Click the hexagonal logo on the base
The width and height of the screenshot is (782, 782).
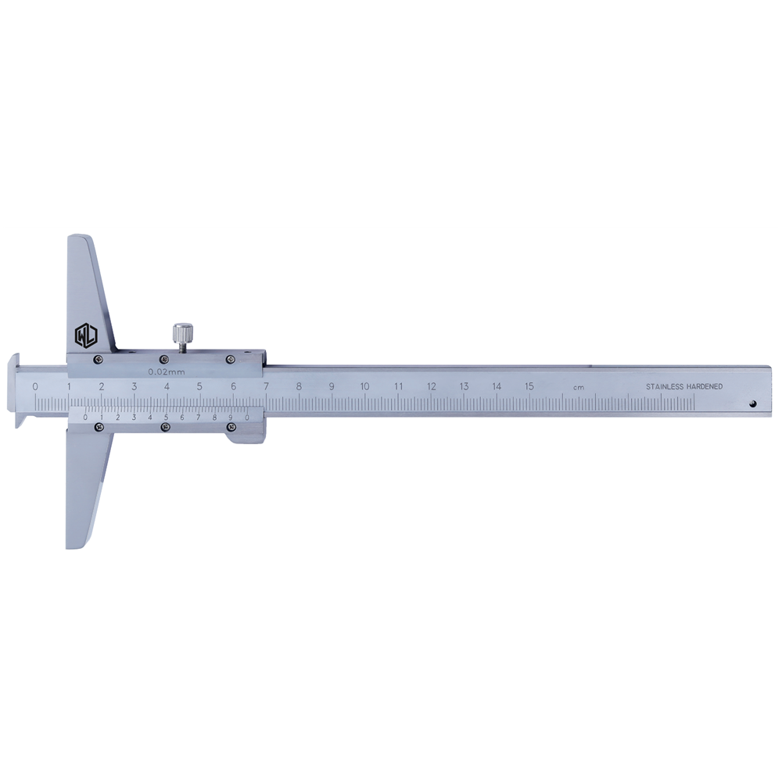click(x=86, y=335)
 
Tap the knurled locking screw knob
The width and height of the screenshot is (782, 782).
click(x=181, y=332)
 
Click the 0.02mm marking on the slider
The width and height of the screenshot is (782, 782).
click(x=167, y=371)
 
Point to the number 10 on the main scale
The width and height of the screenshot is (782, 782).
click(x=364, y=386)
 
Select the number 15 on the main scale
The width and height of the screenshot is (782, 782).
click(x=529, y=386)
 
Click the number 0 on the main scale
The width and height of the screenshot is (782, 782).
click(x=35, y=386)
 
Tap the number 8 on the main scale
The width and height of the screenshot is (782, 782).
click(x=299, y=386)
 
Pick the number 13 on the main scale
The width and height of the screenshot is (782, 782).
click(x=464, y=386)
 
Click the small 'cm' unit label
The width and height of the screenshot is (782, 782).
click(x=579, y=388)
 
